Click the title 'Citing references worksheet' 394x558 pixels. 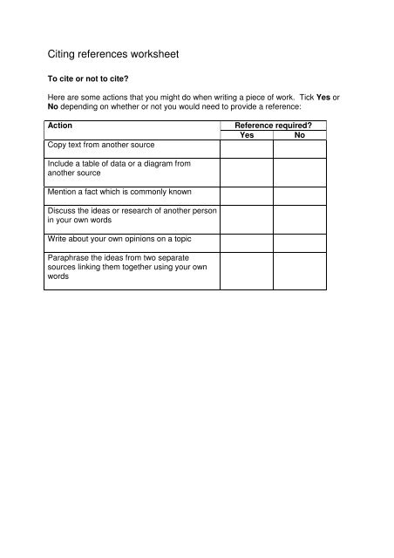click(113, 54)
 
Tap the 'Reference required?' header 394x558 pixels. click(273, 126)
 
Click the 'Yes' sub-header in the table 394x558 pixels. click(247, 135)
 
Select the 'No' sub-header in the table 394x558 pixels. click(300, 135)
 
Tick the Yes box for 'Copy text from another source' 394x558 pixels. click(247, 149)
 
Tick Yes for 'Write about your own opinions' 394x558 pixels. click(247, 242)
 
